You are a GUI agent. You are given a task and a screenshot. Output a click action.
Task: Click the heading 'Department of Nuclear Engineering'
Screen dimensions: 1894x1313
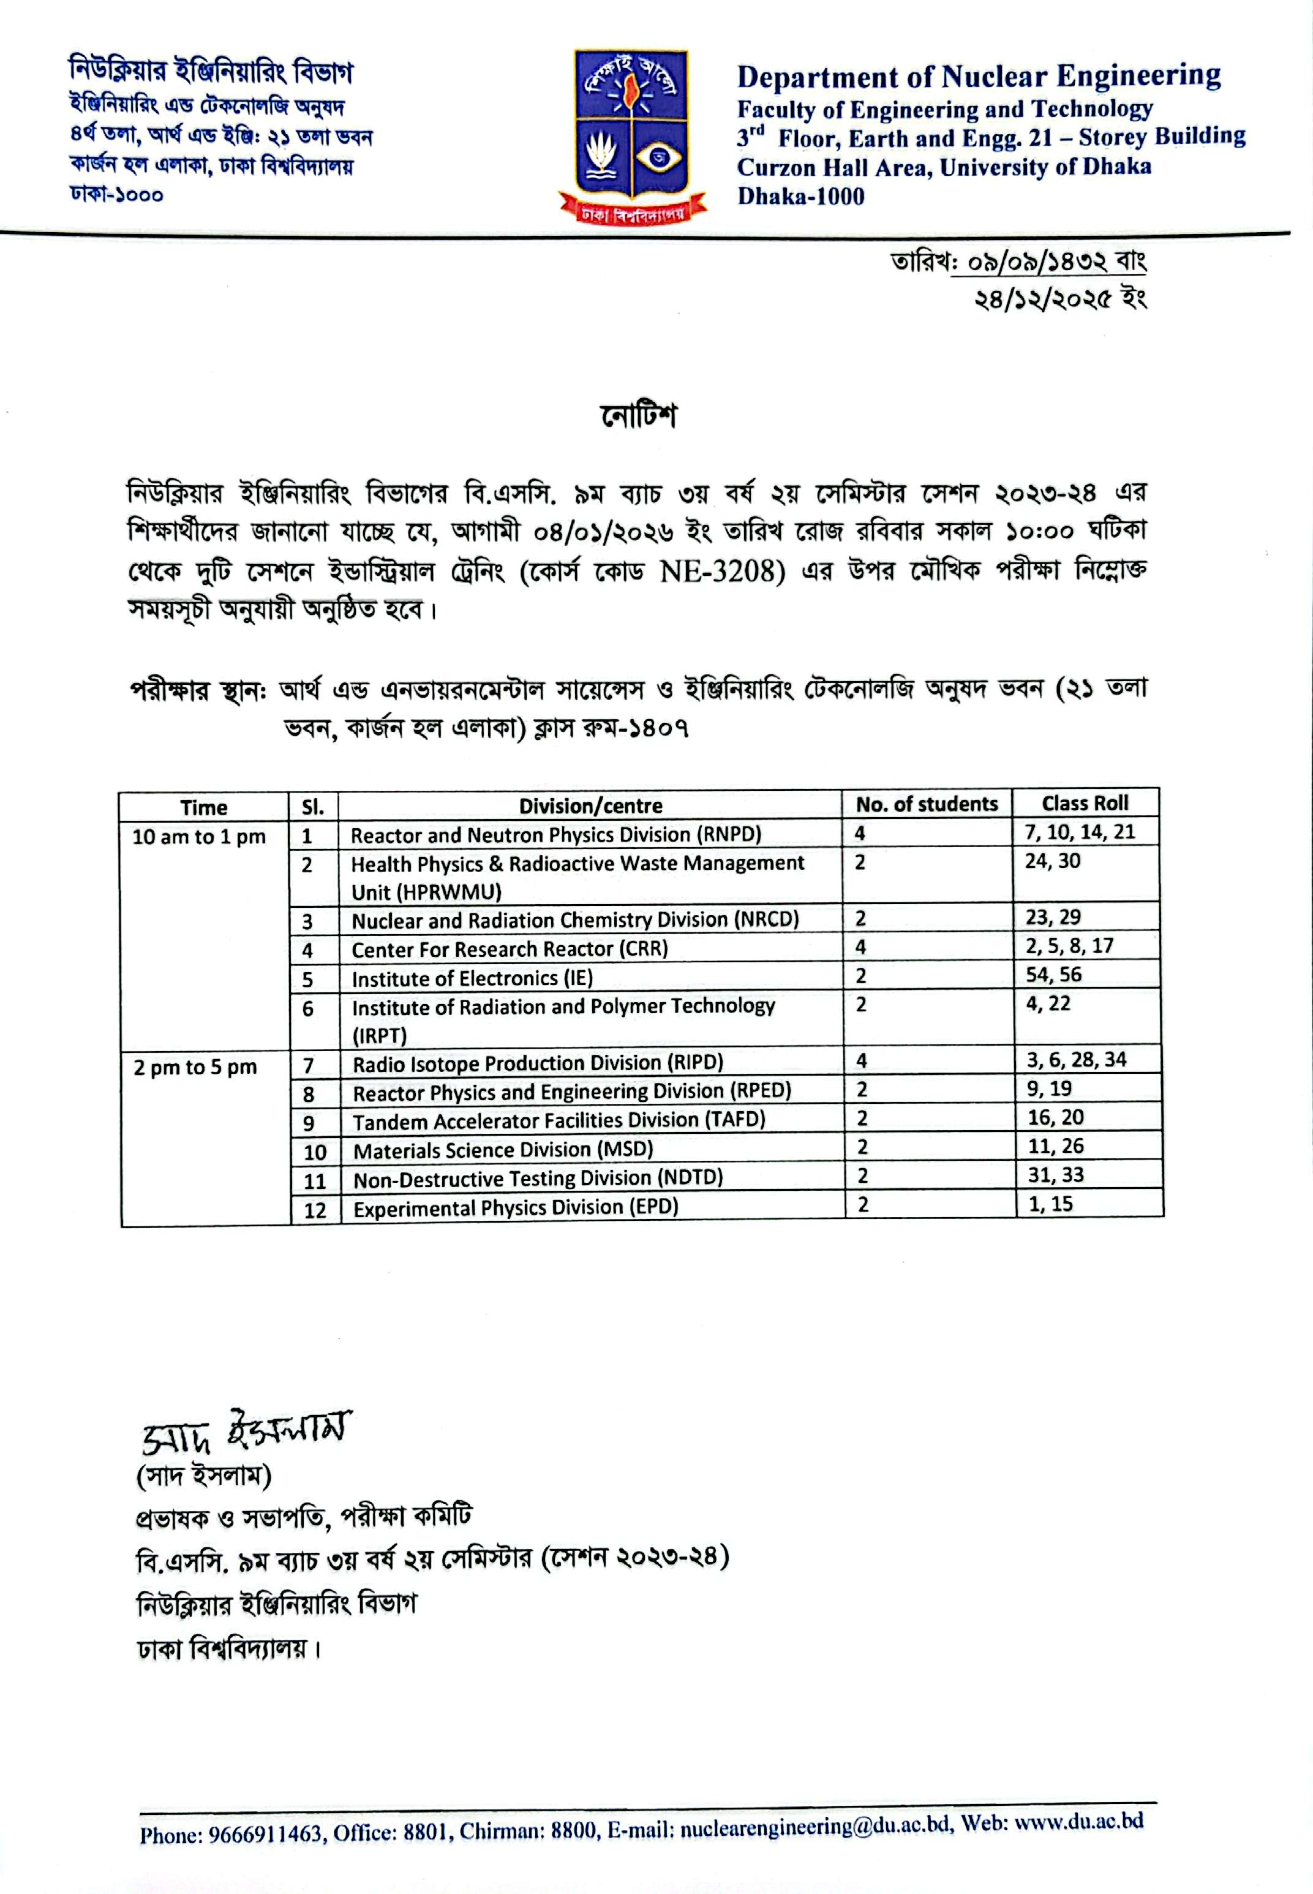click(978, 77)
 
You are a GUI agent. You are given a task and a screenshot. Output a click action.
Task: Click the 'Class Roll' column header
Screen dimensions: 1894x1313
click(1085, 803)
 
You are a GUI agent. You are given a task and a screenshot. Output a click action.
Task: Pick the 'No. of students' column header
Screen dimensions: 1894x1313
click(927, 804)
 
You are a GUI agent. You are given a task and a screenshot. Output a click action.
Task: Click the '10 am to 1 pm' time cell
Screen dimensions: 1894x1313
click(199, 837)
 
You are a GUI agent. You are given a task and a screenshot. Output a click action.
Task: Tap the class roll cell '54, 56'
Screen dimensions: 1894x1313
click(1053, 975)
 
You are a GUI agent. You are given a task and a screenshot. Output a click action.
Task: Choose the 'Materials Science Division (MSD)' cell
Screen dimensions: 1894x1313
click(503, 1149)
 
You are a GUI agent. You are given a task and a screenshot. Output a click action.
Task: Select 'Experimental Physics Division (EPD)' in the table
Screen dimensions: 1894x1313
click(516, 1207)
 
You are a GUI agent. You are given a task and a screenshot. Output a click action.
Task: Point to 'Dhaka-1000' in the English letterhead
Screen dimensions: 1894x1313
click(800, 197)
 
